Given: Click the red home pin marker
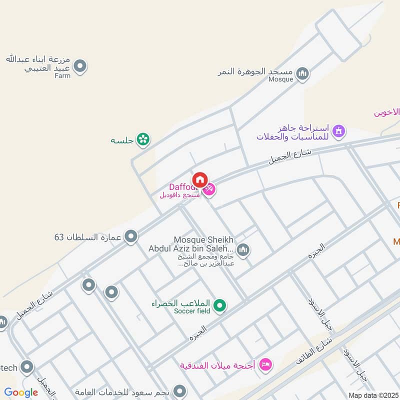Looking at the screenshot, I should click(x=200, y=179).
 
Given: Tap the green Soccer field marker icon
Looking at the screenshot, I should click(x=219, y=305).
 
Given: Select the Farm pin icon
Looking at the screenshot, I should click(x=80, y=66).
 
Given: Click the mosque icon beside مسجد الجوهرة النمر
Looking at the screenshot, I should click(x=302, y=74).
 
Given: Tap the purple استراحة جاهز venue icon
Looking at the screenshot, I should click(x=339, y=131).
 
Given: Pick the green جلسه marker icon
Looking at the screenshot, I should click(x=143, y=140).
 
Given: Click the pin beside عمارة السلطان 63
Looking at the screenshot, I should click(x=131, y=236).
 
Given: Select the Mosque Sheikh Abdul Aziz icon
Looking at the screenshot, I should click(x=243, y=249).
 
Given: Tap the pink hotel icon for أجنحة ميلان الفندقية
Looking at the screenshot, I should click(x=265, y=364).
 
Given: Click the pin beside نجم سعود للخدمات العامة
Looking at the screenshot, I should click(x=179, y=391).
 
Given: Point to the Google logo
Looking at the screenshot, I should click(x=21, y=392).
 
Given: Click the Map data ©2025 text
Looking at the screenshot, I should click(x=372, y=395).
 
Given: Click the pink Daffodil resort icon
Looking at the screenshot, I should click(x=209, y=189).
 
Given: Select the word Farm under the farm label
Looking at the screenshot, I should click(x=62, y=75).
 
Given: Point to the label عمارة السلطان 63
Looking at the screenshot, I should click(x=88, y=236).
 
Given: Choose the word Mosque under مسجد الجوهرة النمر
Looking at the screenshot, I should click(x=280, y=79).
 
